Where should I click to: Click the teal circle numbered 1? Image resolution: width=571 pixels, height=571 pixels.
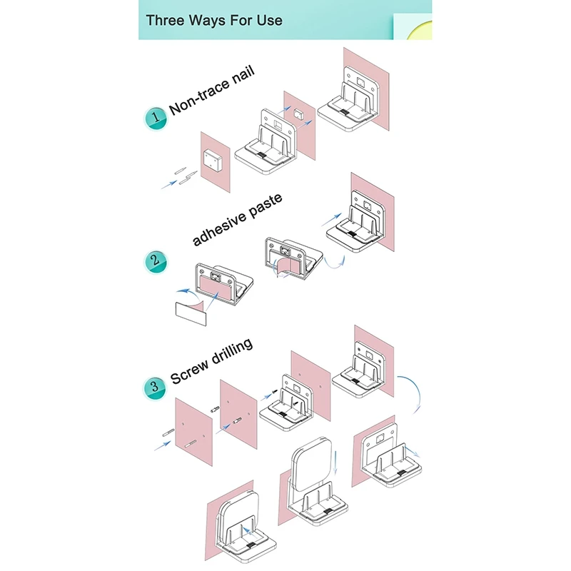[x=155, y=118]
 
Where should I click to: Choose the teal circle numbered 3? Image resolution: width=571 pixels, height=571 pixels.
[x=155, y=388]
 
